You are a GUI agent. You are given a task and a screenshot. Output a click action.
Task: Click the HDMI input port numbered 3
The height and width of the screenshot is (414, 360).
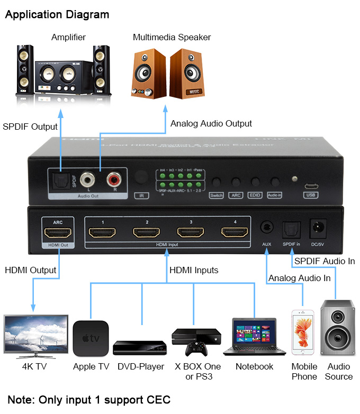(191, 232)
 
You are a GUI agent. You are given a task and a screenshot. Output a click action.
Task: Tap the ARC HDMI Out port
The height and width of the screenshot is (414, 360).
(58, 232)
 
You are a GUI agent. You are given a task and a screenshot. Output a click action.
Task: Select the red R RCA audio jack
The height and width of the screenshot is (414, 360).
(114, 178)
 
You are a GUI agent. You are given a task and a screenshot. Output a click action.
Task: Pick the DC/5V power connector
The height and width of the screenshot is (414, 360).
(318, 228)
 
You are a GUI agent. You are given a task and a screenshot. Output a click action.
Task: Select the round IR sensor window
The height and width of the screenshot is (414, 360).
(140, 178)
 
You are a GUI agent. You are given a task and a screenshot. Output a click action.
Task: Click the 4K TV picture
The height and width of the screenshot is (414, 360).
(36, 336)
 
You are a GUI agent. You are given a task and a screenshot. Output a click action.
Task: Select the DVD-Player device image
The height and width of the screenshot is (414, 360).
(140, 348)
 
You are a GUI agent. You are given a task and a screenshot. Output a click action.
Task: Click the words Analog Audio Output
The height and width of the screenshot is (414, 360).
(211, 123)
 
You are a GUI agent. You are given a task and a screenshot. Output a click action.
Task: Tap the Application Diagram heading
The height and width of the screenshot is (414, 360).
(57, 14)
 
